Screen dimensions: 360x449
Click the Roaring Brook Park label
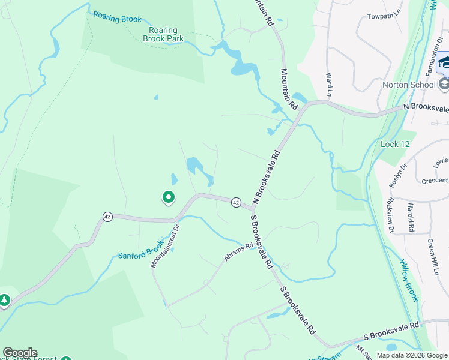pos(163,34)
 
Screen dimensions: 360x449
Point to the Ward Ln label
pos(329,85)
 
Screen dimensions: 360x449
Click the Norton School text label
pos(409,85)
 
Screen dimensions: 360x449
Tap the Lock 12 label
pos(395,144)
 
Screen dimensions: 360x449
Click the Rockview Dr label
pos(390,215)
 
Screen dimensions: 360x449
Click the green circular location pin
pos(169,196)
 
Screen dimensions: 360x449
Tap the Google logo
pos(20,353)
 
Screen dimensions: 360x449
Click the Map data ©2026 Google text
pos(411,355)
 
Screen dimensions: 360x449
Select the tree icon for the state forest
pos(4,299)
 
